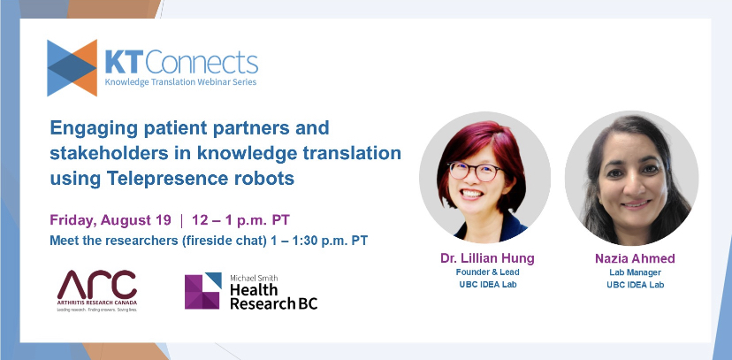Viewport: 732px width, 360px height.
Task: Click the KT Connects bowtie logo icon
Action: tap(72, 66)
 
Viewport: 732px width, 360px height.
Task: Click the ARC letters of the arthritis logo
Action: tap(97, 285)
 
